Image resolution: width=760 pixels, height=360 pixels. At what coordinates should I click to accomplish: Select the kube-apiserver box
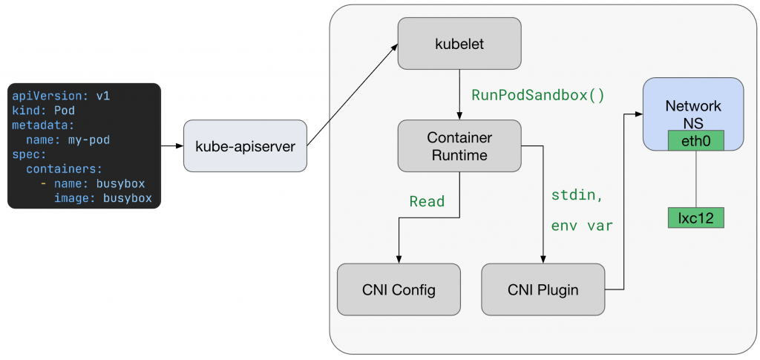245,146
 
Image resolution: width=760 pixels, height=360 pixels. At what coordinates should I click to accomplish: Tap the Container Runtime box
459,146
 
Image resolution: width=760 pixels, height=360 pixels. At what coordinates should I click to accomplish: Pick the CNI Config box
398,289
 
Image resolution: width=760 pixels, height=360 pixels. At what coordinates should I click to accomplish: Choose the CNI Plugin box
543,289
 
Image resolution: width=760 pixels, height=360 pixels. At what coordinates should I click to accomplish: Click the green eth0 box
695,140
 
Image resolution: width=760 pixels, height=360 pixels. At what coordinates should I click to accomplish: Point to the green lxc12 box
695,217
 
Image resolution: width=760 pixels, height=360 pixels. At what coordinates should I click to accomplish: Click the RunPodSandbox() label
538,96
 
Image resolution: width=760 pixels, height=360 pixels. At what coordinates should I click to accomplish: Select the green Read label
427,201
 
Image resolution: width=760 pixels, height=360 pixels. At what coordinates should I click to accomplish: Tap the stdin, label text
577,196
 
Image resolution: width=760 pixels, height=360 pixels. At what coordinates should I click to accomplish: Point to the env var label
582,226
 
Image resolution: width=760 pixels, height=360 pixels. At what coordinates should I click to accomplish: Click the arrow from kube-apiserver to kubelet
352,94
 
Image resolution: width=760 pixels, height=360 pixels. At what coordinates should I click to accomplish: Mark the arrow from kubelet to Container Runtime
459,95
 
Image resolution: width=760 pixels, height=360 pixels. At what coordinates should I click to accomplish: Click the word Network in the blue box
693,107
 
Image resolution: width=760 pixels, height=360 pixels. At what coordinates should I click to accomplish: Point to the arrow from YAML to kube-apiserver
171,146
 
